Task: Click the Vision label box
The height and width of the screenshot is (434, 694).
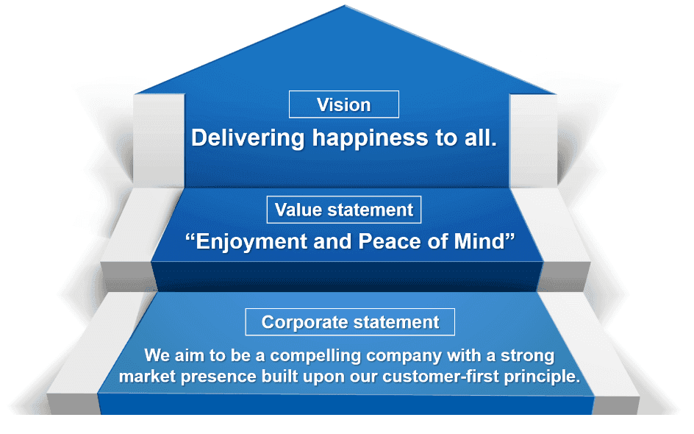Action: (344, 104)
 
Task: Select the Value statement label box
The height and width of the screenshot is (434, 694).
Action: (344, 210)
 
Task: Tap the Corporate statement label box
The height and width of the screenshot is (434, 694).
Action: (350, 322)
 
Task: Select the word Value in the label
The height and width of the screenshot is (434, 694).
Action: (299, 210)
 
